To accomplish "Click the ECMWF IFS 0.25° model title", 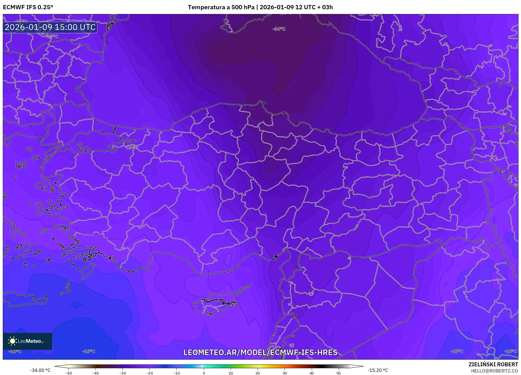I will tap(28, 7).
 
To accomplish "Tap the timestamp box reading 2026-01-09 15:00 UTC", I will tap(50, 27).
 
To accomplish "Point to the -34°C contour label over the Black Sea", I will tap(279, 29).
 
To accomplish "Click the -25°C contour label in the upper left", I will tap(52, 36).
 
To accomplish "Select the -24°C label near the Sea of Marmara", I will tap(131, 147).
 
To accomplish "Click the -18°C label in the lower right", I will tap(457, 351).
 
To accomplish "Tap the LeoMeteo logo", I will tap(27, 341).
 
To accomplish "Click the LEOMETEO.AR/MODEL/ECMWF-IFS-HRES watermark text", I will tap(260, 352).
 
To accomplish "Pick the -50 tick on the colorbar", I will tap(69, 373).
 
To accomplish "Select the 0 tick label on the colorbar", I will tap(204, 373).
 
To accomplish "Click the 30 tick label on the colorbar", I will tap(285, 373).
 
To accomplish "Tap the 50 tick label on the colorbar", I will tap(338, 373).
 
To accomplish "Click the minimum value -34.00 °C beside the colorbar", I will tap(40, 370).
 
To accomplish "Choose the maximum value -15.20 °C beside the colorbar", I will tap(378, 370).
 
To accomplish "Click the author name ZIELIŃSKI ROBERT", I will tap(493, 364).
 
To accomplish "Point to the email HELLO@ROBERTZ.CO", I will tap(494, 371).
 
